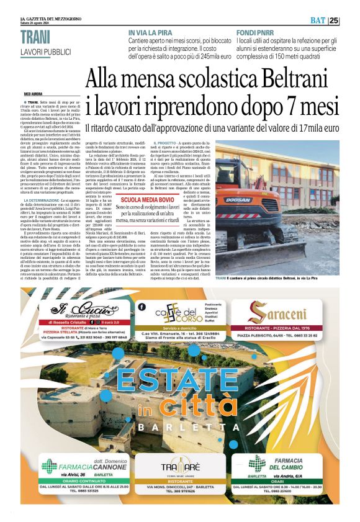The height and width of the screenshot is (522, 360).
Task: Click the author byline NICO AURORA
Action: tap(33, 94)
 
